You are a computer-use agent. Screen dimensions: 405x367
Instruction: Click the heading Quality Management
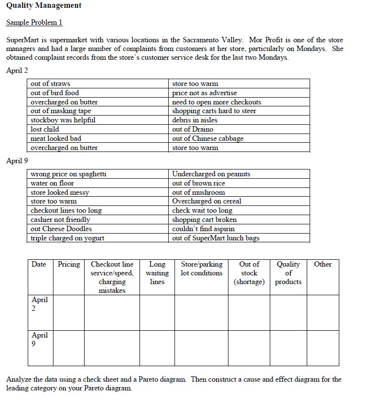[x=44, y=6]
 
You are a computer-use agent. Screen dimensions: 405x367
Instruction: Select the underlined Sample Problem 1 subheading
[x=34, y=23]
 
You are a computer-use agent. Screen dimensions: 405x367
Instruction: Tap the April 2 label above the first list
[x=17, y=71]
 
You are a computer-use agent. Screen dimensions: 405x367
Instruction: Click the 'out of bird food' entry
[x=54, y=93]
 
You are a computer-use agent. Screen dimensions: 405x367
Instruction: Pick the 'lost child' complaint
[x=45, y=129]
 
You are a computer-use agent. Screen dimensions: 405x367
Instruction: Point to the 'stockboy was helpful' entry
[x=63, y=120]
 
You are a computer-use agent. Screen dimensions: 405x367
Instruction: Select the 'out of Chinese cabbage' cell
[x=208, y=138]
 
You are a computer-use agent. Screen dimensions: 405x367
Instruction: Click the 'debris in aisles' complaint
[x=194, y=120]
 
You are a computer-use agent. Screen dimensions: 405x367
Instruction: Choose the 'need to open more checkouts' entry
[x=216, y=102]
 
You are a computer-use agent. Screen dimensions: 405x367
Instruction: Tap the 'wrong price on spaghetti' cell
[x=69, y=174]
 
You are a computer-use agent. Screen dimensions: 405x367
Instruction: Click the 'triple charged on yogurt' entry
[x=67, y=238]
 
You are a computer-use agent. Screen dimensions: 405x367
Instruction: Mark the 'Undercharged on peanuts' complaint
[x=211, y=174]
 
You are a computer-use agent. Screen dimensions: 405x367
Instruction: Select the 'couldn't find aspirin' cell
[x=203, y=229]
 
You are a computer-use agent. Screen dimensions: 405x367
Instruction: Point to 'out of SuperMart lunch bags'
[x=216, y=238]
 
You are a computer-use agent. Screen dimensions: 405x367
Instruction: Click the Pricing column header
[x=69, y=265]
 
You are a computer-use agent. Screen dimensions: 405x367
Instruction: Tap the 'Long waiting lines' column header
[x=157, y=273]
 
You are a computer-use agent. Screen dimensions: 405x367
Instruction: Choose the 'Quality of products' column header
[x=288, y=273]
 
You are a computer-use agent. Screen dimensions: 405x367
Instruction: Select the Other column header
[x=323, y=265]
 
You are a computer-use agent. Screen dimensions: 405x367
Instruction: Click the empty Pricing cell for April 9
[x=69, y=347]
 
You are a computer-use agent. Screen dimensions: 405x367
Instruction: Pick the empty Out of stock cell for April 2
[x=249, y=312]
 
